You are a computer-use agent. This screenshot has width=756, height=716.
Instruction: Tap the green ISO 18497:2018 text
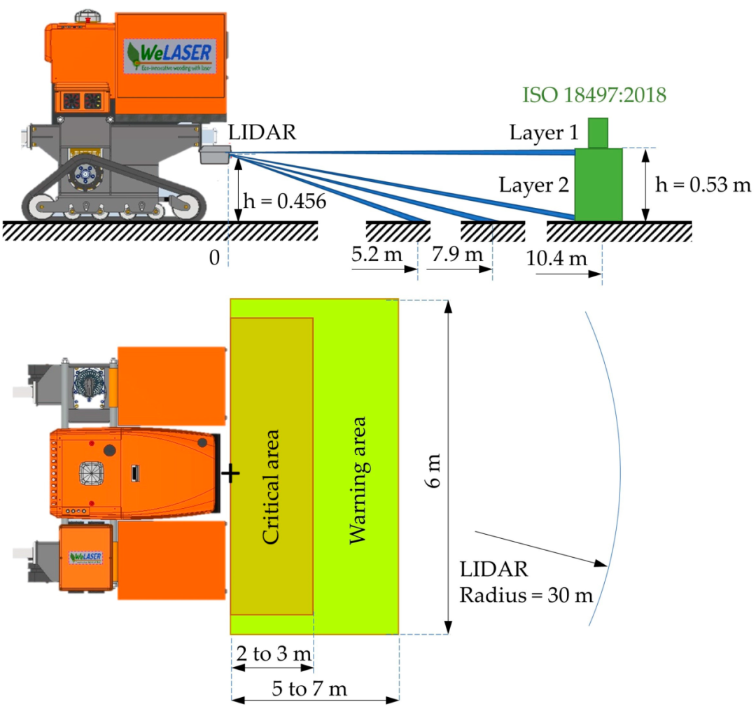(x=594, y=95)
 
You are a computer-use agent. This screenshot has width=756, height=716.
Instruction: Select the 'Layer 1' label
(x=544, y=132)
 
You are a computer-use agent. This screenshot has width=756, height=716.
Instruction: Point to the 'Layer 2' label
(x=533, y=185)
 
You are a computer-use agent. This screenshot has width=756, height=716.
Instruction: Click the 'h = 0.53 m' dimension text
(x=703, y=184)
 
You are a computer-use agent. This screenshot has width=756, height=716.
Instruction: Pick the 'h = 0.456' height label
(x=284, y=201)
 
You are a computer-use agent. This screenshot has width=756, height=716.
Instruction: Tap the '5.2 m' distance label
(x=377, y=253)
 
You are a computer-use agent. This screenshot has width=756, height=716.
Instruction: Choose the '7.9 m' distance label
(x=457, y=253)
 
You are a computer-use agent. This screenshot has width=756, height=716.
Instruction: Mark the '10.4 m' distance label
(x=556, y=258)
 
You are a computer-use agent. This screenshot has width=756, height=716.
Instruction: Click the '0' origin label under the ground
(x=215, y=258)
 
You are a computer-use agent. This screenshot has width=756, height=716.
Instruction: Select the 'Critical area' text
(x=270, y=487)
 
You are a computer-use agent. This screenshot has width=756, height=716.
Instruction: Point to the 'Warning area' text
(x=357, y=480)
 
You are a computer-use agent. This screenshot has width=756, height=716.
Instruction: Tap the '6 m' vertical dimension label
(x=433, y=470)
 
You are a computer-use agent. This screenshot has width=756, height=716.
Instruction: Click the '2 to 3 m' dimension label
(x=274, y=654)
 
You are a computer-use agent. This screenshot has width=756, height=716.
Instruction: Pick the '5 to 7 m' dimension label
(x=309, y=689)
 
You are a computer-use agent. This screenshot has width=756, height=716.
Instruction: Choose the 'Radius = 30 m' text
(x=526, y=596)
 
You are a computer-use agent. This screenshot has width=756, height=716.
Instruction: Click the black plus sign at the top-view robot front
(x=230, y=473)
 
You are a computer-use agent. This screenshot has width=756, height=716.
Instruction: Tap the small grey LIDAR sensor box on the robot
(x=215, y=154)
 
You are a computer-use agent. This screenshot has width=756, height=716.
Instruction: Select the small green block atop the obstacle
(x=598, y=132)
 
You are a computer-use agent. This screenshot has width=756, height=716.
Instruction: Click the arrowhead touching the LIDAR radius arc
(x=601, y=563)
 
